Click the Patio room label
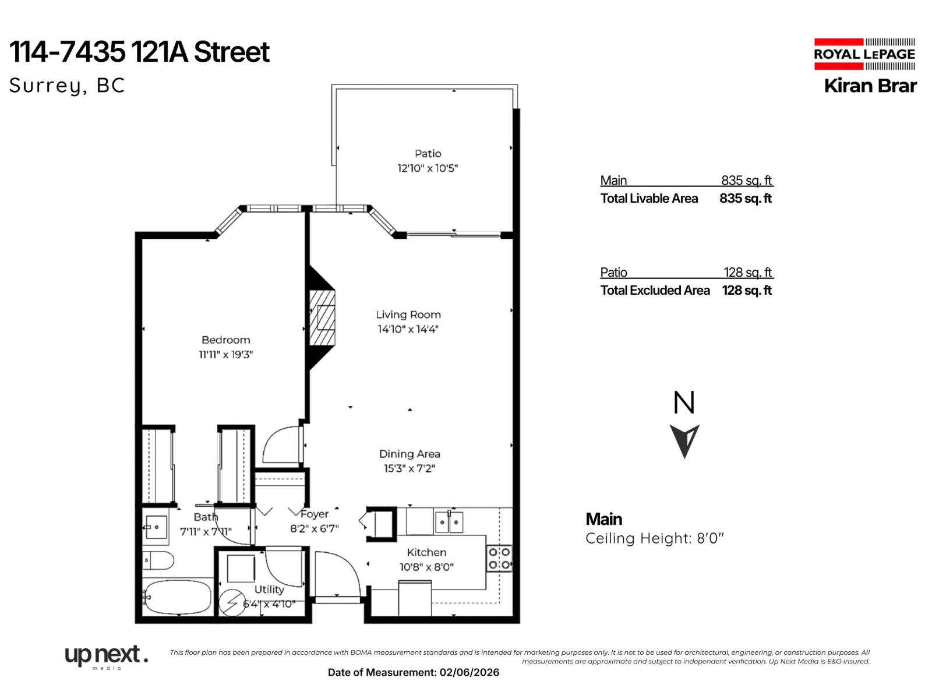pos(428,154)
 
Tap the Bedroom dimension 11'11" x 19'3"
pos(226,354)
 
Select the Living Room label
pos(408,315)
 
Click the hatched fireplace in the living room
pos(323,318)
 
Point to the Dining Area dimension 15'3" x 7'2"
pos(409,468)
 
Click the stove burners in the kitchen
pos(499,558)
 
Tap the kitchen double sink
pos(449,522)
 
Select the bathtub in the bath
pos(177,597)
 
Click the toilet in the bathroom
pos(158,561)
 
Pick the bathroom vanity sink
pos(156,527)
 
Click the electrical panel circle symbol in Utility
pos(232,603)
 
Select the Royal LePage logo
pos(864,54)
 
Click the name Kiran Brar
pos(870,86)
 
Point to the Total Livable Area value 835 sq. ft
pos(745,199)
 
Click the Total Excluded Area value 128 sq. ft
pos(747,291)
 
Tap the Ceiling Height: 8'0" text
pos(654,538)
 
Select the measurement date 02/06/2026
pos(469,673)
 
